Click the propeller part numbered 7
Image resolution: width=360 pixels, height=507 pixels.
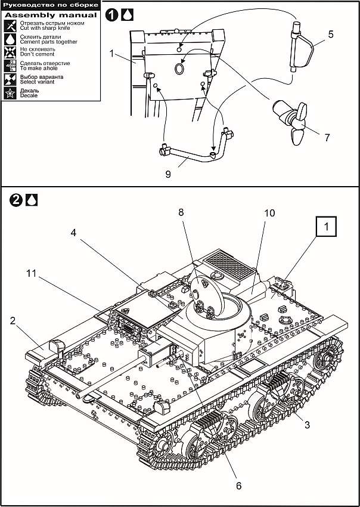click(293, 120)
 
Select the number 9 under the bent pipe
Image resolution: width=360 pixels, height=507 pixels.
click(168, 174)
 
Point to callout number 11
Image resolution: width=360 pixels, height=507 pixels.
click(31, 273)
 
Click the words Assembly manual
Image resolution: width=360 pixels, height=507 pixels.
click(50, 14)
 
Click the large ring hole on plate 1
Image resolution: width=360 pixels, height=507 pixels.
click(178, 69)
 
